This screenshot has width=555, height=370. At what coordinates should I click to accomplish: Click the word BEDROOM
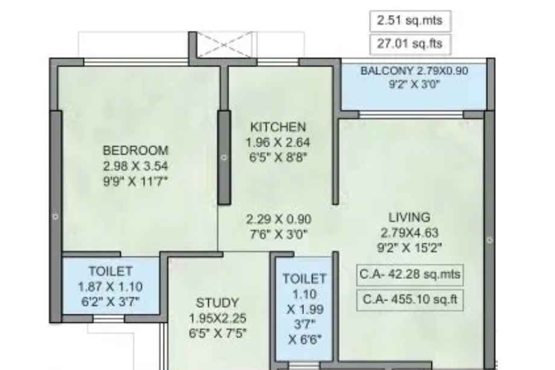[x=136, y=150]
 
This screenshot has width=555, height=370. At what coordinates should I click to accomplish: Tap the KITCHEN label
[x=278, y=127]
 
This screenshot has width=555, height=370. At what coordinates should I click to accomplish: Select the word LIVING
[x=410, y=217]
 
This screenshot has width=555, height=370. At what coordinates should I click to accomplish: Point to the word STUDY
[x=217, y=303]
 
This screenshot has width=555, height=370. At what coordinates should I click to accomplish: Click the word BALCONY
[x=387, y=71]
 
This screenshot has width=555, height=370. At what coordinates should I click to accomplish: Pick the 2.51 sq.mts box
[x=410, y=21]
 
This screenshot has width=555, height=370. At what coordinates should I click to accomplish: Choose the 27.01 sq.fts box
[x=410, y=44]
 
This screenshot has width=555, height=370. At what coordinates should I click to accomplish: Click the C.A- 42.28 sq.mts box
[x=410, y=275]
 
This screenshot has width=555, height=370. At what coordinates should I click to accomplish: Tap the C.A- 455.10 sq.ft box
[x=410, y=300]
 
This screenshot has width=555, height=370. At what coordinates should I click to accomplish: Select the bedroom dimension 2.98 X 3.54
[x=136, y=166]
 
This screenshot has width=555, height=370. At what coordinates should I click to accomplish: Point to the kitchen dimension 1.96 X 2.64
[x=278, y=142]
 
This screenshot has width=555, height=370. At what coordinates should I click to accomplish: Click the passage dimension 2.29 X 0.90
[x=279, y=219]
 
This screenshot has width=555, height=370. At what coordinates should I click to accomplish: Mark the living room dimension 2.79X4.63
[x=410, y=232]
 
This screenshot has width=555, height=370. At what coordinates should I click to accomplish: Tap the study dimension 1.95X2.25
[x=217, y=318]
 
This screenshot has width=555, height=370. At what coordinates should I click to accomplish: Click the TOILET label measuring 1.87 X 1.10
[x=110, y=271]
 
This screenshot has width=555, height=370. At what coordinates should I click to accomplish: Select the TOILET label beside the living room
[x=305, y=279]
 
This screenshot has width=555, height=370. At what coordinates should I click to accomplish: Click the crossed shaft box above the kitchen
[x=224, y=44]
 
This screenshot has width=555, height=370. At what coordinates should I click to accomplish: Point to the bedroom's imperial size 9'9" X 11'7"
[x=136, y=181]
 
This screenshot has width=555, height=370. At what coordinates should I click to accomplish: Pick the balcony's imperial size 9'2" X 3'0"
[x=414, y=85]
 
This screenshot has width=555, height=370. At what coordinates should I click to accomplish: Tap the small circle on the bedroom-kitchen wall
[x=224, y=158]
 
